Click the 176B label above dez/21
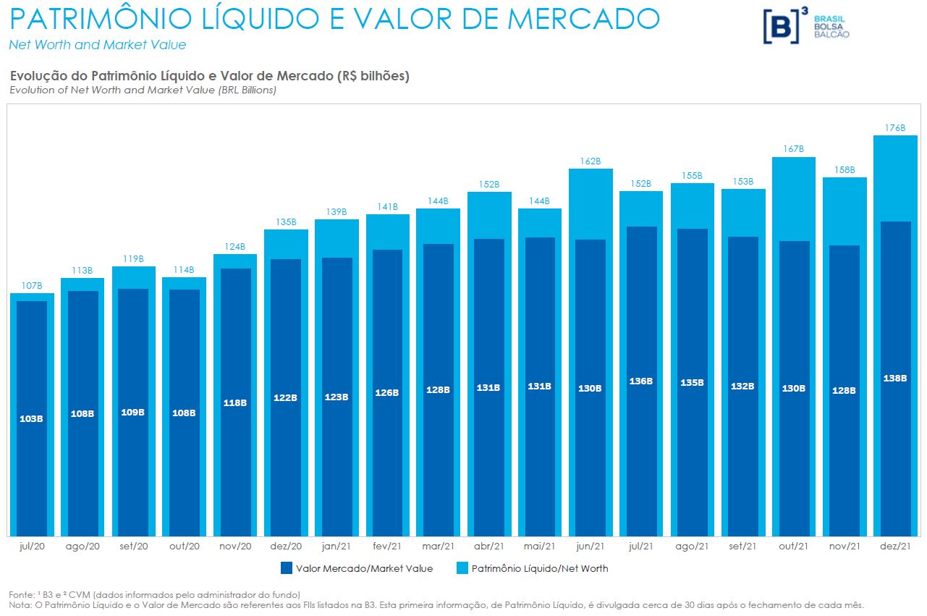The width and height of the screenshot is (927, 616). (x=895, y=128)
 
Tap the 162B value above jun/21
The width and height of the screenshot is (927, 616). (x=591, y=161)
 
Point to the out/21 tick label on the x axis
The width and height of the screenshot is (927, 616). (x=793, y=547)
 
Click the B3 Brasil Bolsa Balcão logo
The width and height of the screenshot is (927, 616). (x=806, y=26)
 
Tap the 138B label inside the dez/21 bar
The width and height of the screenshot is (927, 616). (x=895, y=377)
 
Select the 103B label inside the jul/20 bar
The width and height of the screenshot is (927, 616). (x=32, y=418)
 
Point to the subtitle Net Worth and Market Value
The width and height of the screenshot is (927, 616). (x=97, y=45)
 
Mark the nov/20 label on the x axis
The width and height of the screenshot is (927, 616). (x=235, y=547)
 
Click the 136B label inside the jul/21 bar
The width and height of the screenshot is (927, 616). (x=641, y=381)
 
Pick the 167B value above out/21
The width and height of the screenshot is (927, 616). (x=793, y=149)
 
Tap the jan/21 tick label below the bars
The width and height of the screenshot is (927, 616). (x=336, y=547)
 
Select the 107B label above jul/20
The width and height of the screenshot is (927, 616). (x=32, y=286)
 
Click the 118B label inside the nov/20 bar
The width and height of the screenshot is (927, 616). (x=235, y=402)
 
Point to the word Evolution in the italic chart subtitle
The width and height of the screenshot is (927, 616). (x=33, y=90)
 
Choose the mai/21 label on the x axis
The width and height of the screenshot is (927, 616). (x=540, y=547)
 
